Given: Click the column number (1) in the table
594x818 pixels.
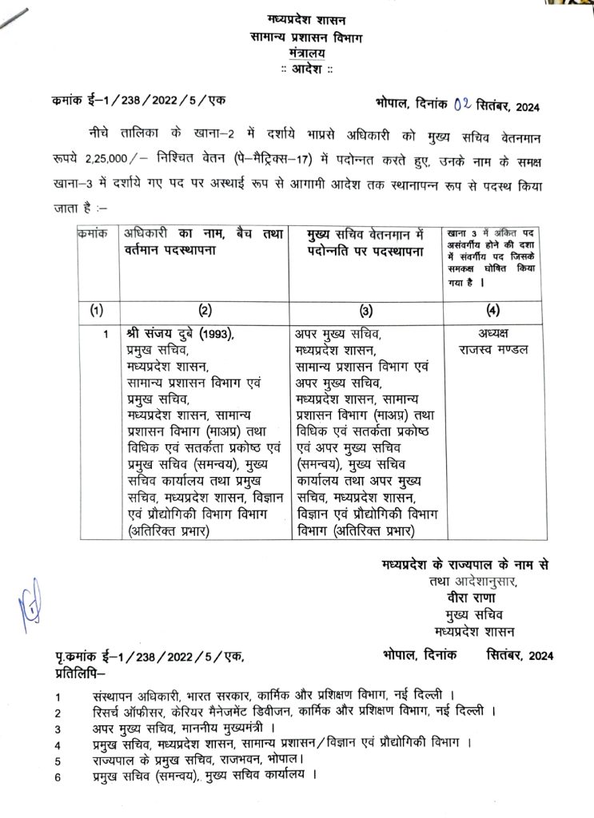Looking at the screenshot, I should (96, 308).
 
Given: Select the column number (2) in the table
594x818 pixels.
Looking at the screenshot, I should (205, 308).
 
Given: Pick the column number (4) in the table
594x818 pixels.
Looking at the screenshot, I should (493, 308).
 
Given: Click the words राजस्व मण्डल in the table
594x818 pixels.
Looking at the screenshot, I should (494, 350).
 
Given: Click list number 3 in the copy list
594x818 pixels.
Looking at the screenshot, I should (58, 729).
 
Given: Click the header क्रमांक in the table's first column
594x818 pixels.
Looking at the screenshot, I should (94, 233).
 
